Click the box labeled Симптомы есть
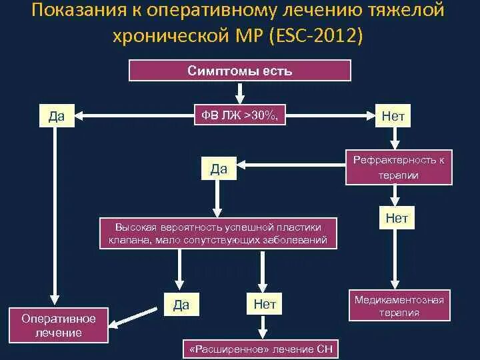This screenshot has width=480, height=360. [x=239, y=71]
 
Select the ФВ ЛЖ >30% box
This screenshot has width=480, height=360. [x=239, y=116]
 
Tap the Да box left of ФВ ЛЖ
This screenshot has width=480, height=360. [x=57, y=116]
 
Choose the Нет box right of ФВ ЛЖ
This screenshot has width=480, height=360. [x=393, y=116]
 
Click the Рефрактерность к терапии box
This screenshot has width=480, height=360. [x=399, y=167]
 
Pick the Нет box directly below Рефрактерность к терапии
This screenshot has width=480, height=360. [x=396, y=218]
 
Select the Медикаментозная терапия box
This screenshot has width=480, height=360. [x=399, y=306]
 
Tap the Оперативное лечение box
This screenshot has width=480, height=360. [x=59, y=325]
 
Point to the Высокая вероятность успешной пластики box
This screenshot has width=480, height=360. [x=219, y=234]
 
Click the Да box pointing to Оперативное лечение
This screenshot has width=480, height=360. [x=181, y=305]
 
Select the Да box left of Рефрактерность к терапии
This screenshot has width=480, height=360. [x=219, y=169]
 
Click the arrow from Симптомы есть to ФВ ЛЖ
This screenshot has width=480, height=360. [x=240, y=93]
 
